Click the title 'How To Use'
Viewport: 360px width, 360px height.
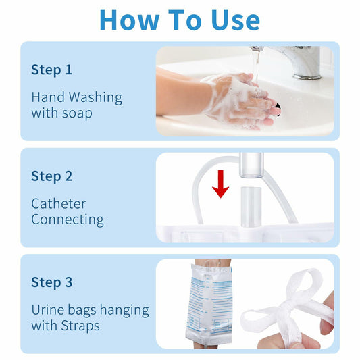(x=180, y=20)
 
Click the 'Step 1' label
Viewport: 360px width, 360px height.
(x=51, y=70)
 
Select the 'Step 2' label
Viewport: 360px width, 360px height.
(x=51, y=176)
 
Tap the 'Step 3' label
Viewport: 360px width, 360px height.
(x=51, y=282)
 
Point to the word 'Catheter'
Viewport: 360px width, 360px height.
(x=59, y=203)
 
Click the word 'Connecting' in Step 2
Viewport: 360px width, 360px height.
(x=68, y=220)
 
